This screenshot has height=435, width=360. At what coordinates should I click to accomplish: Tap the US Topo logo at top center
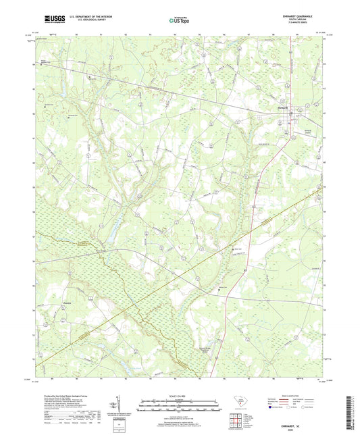179,21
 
